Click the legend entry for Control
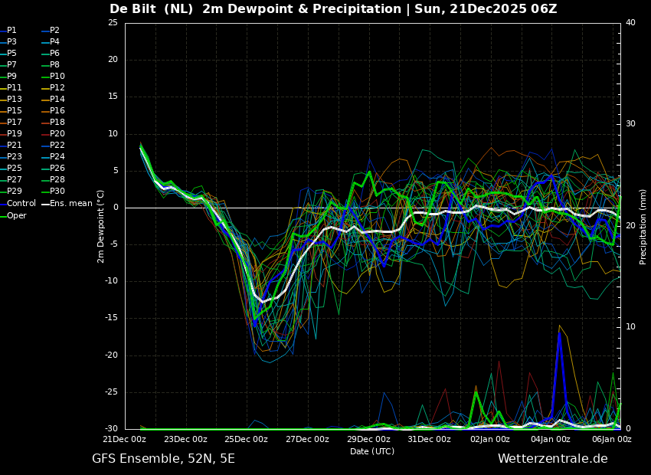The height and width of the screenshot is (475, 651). [x=18, y=204]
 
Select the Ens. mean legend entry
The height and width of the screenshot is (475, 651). [x=67, y=204]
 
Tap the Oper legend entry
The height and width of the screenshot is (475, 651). [x=13, y=215]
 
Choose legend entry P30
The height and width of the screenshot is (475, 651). [x=53, y=192]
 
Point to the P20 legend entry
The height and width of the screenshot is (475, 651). [x=53, y=134]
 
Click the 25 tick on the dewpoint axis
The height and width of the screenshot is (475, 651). [x=113, y=22]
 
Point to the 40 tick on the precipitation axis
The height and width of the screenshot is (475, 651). [x=630, y=22]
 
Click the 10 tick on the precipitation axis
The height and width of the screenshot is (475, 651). [x=630, y=327]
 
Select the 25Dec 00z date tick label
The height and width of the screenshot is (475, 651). [x=247, y=439]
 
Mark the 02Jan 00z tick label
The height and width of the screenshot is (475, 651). [x=490, y=439]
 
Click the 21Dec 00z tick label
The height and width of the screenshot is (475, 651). [x=125, y=439]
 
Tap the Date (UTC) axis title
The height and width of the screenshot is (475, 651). [x=372, y=451]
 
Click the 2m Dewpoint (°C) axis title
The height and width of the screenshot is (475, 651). [x=100, y=226]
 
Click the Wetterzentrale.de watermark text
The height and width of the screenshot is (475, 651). [x=553, y=459]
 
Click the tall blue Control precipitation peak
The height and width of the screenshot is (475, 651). [x=560, y=333]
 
